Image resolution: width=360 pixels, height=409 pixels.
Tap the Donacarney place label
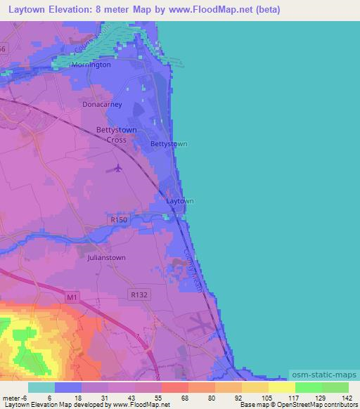(102, 104)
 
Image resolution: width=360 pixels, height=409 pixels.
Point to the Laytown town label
(179, 201)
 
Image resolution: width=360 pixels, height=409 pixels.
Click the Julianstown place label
(106, 258)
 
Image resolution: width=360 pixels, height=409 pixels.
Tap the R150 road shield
(119, 221)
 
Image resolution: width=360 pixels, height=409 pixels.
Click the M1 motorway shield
(71, 298)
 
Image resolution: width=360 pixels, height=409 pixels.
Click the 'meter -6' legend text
(13, 397)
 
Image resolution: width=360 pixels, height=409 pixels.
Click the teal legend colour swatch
(41, 387)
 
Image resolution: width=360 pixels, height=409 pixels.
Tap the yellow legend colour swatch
(281, 387)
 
